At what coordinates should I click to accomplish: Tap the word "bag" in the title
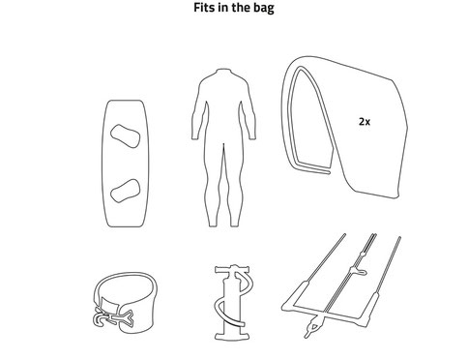point(264,8)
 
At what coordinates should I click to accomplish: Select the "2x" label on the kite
point(365,122)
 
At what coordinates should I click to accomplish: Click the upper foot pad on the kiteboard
point(125,136)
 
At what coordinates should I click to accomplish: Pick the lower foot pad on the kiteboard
point(125,191)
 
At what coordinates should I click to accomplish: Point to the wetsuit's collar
point(223,70)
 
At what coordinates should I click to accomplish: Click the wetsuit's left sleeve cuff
point(195,138)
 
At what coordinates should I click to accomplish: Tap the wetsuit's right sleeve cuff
point(251,138)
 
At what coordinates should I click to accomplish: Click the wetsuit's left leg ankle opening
point(213,225)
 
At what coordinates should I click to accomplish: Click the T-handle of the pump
point(233,269)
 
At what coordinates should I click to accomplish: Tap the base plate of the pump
point(233,337)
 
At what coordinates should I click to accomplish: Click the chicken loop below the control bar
point(312,327)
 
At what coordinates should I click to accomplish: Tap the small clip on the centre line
point(359,271)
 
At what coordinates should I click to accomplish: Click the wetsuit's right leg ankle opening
point(235,225)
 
